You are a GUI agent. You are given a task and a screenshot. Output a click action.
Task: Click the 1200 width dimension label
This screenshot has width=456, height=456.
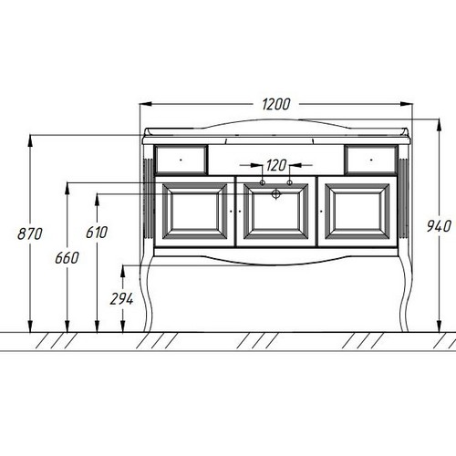(x=276, y=104)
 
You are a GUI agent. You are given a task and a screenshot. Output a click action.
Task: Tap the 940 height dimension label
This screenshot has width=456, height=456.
(x=439, y=226)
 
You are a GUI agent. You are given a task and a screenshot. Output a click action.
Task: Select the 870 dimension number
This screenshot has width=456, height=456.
(x=30, y=234)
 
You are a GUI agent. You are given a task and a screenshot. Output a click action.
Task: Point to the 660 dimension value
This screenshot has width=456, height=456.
(x=67, y=258)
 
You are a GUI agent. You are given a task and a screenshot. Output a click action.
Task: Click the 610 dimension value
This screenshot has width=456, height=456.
(x=97, y=233)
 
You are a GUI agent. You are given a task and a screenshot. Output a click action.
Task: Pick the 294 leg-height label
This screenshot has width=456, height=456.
(x=121, y=299)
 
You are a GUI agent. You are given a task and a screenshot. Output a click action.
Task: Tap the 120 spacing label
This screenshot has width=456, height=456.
(x=276, y=165)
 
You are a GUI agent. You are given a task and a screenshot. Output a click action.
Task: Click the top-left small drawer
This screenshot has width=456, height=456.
(x=181, y=160)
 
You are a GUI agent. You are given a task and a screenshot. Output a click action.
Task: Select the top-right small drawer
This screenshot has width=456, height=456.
(x=371, y=160)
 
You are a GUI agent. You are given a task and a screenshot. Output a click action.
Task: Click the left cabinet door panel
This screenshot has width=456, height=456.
(x=194, y=212)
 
